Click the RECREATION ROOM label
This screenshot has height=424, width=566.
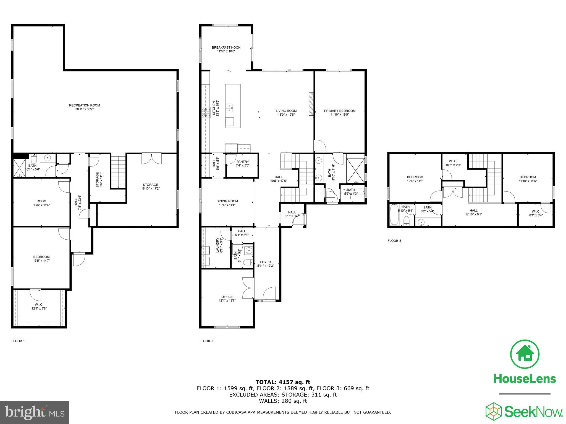[84, 105]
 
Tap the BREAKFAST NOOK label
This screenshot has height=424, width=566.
[226, 47]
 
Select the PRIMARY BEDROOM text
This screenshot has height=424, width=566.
[340, 111]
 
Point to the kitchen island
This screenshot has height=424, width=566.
[233, 106]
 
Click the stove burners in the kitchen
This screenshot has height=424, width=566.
[206, 112]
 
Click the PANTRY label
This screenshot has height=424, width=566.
[242, 162]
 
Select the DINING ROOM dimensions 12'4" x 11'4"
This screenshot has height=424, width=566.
[227, 205]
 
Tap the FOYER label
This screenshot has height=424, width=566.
[266, 262]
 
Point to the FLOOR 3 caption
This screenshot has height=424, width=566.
[394, 241]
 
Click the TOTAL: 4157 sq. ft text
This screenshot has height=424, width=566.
[283, 382]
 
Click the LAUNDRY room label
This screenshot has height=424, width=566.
[218, 245]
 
